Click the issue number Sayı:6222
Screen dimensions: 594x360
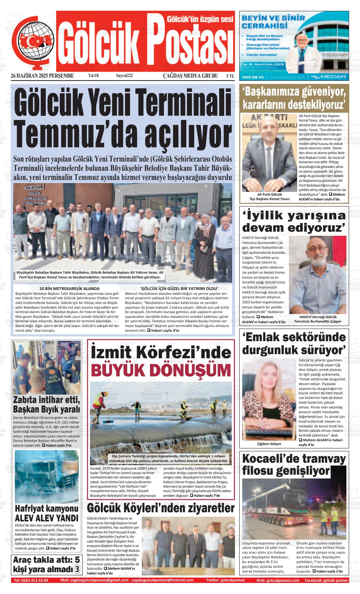point(124,76)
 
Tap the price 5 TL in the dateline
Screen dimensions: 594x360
point(230,76)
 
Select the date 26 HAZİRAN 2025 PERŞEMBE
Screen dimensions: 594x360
point(42,76)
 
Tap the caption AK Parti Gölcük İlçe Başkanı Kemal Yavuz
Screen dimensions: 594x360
point(269,197)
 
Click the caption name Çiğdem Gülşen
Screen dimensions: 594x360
point(269,444)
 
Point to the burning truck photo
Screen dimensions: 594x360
point(47,477)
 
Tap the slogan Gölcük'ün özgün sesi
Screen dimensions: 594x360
point(200,19)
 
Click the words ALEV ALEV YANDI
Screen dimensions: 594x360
point(46,518)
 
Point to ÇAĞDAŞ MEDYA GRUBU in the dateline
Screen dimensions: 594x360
point(190,76)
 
